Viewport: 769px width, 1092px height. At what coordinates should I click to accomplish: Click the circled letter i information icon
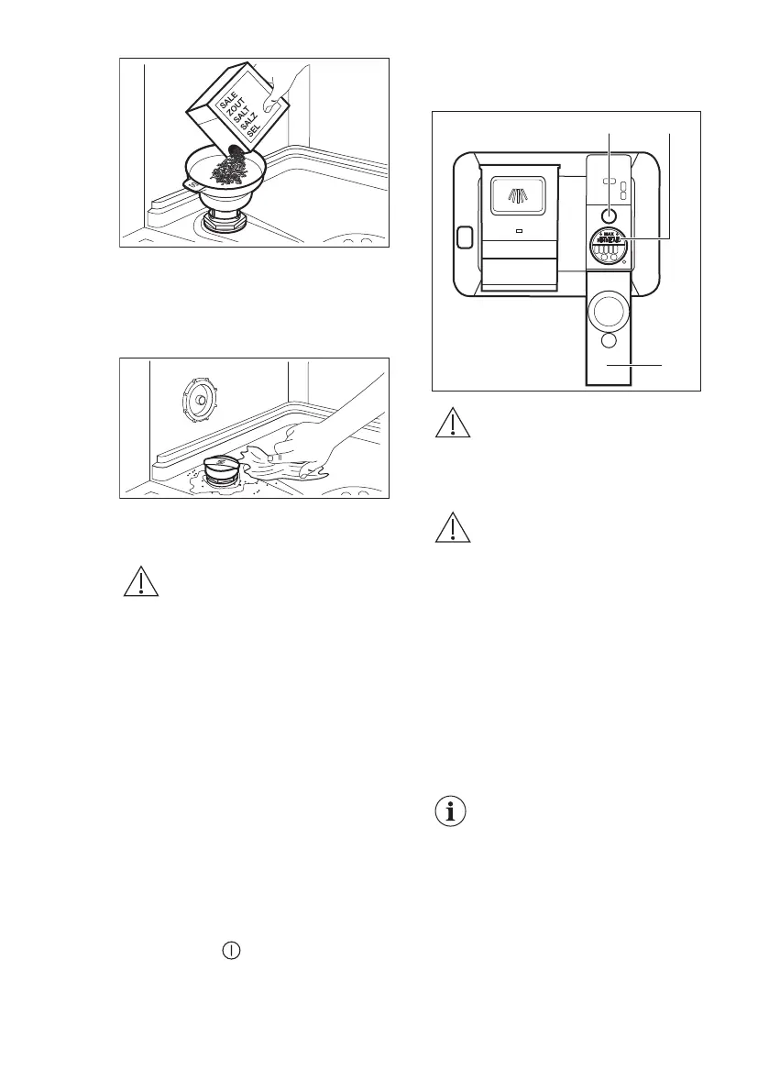coord(450,811)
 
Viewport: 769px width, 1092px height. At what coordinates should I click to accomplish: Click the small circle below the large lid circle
coord(609,345)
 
